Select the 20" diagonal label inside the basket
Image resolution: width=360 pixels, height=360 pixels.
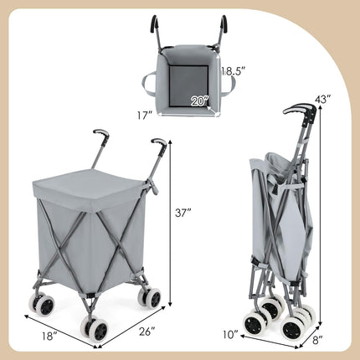[198, 101]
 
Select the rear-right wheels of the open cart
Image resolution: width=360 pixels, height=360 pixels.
[152, 296]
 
